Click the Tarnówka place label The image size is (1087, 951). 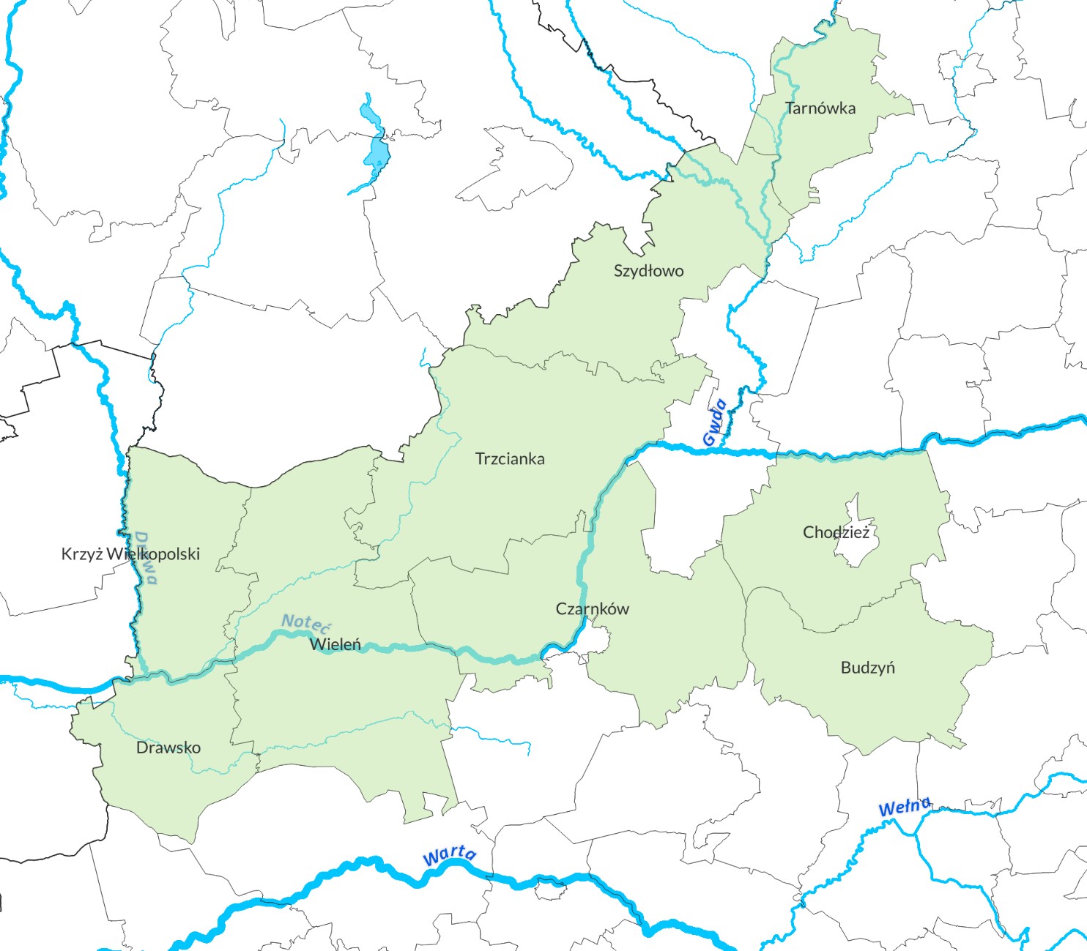(x=820, y=108)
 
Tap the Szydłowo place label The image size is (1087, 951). (x=648, y=271)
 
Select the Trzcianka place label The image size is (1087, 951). (x=510, y=459)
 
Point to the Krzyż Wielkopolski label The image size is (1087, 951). (x=130, y=553)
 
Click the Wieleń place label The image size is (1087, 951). (x=335, y=644)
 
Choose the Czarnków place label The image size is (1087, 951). (x=592, y=608)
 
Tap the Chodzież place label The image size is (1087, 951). (x=836, y=532)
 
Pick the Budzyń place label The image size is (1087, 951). (x=867, y=668)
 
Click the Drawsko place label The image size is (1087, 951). (x=168, y=747)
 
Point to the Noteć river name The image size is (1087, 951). (x=306, y=623)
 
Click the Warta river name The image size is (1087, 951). (x=449, y=855)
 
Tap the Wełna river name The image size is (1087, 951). (x=905, y=807)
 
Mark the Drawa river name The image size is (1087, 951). (x=146, y=558)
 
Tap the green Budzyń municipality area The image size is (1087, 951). (x=894, y=703)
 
